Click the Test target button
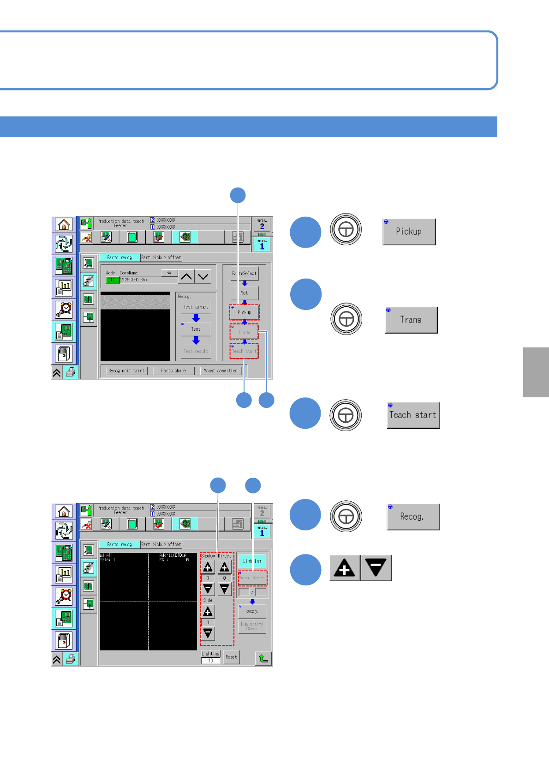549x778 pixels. [196, 307]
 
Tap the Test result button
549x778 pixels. [196, 351]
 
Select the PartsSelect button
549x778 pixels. [245, 274]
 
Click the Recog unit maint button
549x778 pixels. [126, 371]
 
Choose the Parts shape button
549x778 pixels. [173, 371]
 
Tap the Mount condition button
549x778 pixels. [221, 371]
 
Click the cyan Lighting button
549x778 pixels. [252, 561]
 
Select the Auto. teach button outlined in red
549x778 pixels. [252, 578]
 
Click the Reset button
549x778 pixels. [232, 657]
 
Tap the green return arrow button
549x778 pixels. [263, 658]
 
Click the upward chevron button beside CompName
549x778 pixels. [186, 277]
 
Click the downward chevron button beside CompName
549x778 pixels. [203, 277]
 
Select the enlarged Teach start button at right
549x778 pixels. [413, 415]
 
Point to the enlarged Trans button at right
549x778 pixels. [411, 320]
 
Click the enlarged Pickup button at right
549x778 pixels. [409, 232]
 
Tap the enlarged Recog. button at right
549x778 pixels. [413, 517]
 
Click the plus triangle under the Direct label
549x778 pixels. [225, 567]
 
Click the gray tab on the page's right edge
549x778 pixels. [536, 372]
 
